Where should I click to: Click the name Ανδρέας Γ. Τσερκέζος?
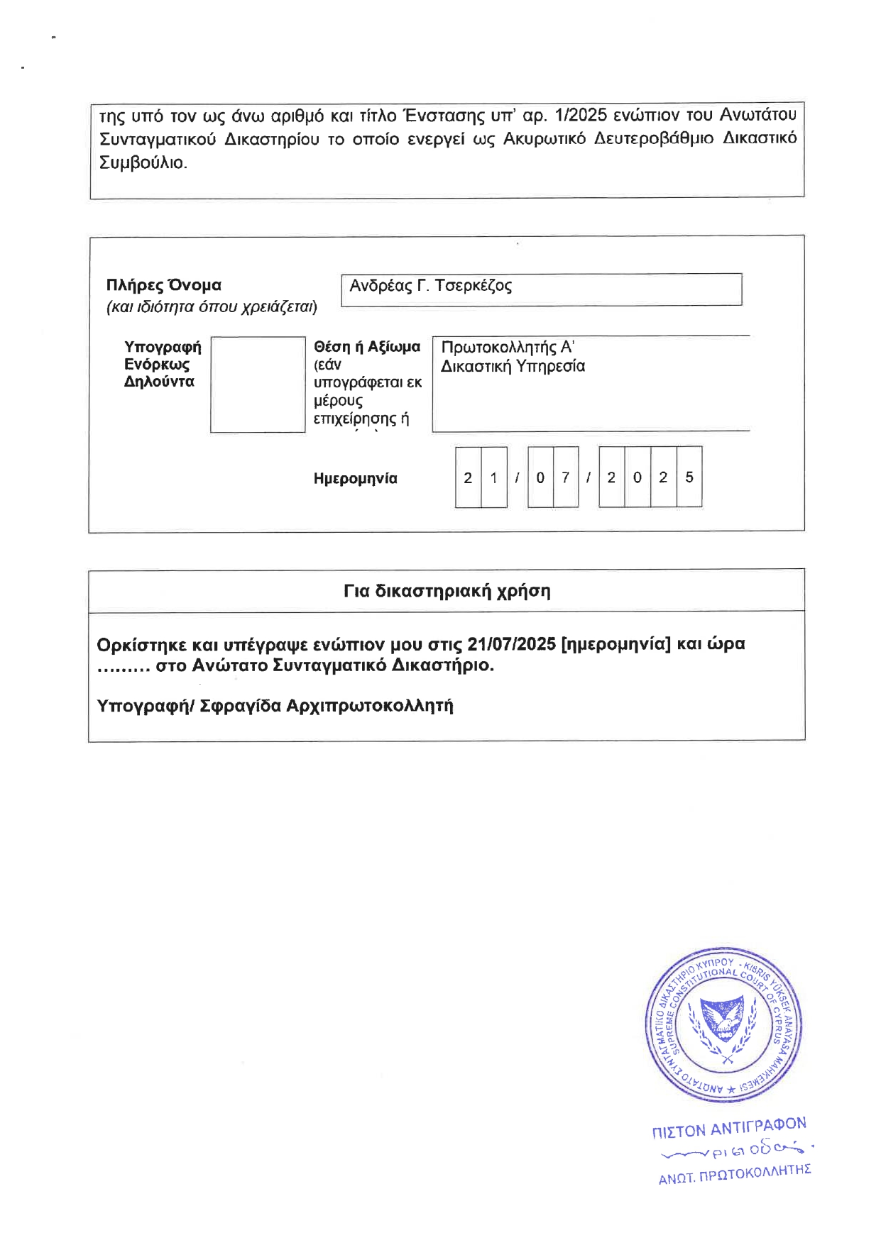[430, 286]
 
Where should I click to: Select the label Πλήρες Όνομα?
[163, 285]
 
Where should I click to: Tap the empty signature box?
[258, 384]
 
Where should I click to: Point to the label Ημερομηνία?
[355, 479]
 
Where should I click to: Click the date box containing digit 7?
[565, 477]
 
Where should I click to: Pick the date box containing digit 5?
[689, 477]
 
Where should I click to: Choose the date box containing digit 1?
[493, 477]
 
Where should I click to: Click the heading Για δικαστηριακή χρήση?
[447, 591]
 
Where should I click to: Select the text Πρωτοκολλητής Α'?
[507, 347]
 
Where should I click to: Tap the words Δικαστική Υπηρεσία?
[513, 366]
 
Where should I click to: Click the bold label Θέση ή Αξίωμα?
[366, 347]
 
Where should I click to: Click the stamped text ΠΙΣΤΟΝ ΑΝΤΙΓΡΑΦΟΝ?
[729, 1127]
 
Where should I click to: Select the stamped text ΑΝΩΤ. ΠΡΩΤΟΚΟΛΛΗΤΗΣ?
[734, 1174]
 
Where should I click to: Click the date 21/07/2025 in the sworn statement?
[511, 644]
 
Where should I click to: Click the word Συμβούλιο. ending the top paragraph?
[143, 162]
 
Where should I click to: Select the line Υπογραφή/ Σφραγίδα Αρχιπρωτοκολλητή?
[275, 706]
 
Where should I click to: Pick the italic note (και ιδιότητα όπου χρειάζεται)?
[212, 307]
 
